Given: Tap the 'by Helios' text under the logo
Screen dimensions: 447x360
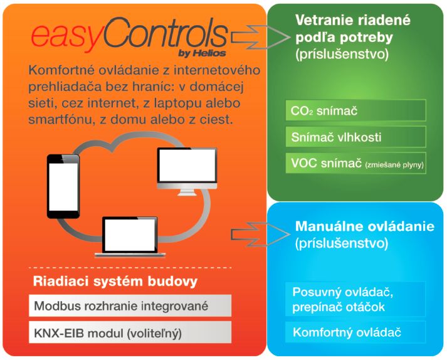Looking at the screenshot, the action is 202,53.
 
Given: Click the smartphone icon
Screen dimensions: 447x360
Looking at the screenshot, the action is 63,186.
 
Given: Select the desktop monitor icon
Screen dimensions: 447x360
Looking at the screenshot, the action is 187,171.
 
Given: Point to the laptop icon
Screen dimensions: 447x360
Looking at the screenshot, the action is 130,237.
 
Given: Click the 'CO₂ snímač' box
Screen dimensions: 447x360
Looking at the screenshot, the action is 355,110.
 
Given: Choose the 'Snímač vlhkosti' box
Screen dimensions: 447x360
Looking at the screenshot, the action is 355,137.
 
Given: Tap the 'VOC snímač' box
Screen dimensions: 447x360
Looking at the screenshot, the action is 355,163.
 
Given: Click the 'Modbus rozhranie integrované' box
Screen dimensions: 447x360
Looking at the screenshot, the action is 130,306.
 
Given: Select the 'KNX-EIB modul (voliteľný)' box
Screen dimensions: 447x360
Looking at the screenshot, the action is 130,332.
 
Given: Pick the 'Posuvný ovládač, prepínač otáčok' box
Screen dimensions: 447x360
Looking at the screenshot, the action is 355,299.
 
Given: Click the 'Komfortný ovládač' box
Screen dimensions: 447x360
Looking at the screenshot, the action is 355,332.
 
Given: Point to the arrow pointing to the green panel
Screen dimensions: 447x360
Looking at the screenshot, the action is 260,37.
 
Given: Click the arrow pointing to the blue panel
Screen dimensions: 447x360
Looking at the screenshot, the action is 260,234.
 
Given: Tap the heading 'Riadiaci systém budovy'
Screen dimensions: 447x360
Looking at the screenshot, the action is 115,281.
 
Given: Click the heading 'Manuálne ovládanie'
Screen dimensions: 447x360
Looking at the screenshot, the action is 365,226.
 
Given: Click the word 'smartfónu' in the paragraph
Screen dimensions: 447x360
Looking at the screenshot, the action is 61,120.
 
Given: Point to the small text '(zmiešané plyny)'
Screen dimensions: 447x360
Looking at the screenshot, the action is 394,164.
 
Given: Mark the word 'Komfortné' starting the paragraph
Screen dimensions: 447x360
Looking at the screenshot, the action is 61,70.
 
